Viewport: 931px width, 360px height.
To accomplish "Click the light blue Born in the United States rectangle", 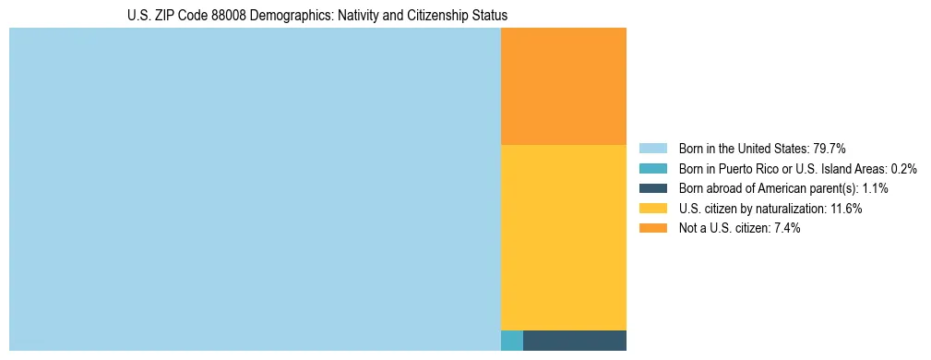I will [255, 189].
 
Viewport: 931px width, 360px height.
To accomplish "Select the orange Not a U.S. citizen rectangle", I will [563, 86].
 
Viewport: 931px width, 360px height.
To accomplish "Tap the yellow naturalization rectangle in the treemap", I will [563, 237].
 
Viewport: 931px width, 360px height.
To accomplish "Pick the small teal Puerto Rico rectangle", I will [511, 341].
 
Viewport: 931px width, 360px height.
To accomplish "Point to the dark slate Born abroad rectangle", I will [574, 341].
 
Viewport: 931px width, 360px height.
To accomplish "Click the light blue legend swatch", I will [652, 149].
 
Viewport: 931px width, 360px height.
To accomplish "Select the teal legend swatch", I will [652, 169].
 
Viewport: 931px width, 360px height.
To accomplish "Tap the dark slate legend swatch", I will [652, 188].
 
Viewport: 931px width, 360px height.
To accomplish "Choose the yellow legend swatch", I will [652, 209].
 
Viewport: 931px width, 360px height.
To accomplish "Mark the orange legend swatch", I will [652, 229].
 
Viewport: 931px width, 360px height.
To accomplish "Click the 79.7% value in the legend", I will [830, 149].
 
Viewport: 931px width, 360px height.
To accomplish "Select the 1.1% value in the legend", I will [875, 188].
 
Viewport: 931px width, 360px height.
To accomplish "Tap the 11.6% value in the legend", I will [844, 209].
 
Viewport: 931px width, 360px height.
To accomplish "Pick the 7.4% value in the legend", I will [785, 229].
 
